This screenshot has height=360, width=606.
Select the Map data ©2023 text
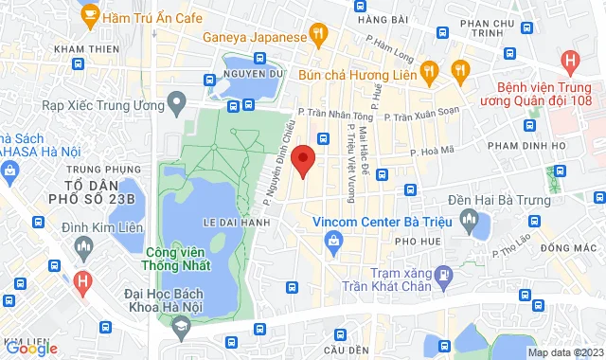click(x=565, y=352)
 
